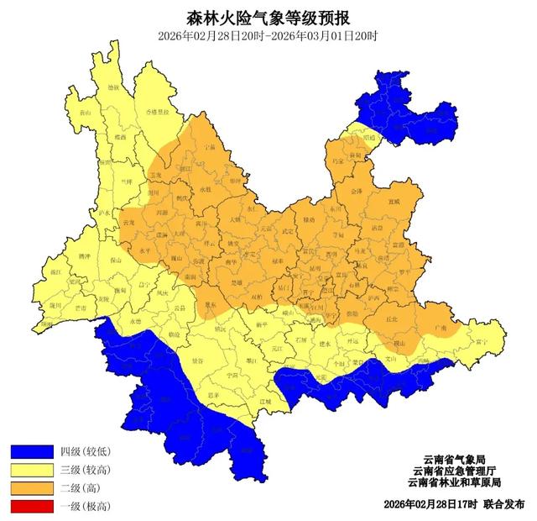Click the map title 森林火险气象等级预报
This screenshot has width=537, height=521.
[268, 16]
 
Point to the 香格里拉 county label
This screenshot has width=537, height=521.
[159, 111]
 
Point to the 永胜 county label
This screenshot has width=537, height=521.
[206, 189]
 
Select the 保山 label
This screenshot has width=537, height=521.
[116, 261]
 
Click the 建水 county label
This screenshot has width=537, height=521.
[326, 345]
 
